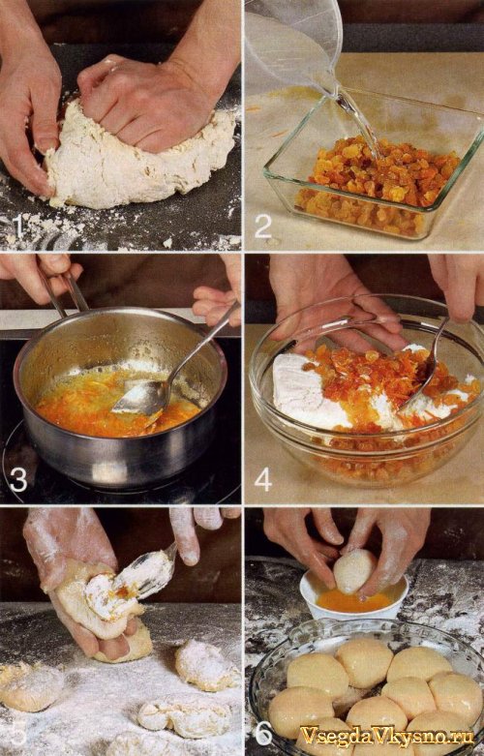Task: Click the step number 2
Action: pos(263,227)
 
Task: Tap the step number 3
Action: pos(18,480)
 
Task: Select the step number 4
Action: pos(263,480)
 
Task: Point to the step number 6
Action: pos(263,734)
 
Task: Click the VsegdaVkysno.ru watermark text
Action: pos(387,736)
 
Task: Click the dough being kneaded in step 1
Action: pos(139,154)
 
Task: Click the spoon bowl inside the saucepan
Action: pos(139,399)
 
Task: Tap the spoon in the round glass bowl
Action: pos(424,367)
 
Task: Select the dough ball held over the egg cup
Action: pos(355,571)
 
